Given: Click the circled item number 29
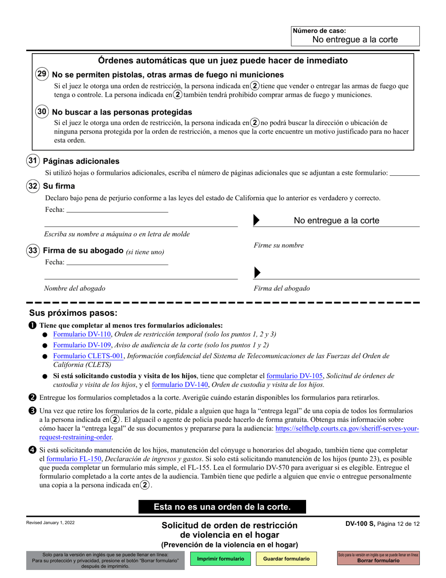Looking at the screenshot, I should point(41,74).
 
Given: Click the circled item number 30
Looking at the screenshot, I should point(41,112).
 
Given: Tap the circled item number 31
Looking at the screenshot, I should point(32,161).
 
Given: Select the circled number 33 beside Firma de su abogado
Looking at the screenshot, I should point(32,250).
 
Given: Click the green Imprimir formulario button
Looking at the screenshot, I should point(221,559).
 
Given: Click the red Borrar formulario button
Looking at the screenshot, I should point(378,558).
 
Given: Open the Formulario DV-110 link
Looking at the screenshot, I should point(82,335).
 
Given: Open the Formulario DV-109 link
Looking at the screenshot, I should point(82,345).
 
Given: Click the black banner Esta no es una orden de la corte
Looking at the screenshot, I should point(222,507).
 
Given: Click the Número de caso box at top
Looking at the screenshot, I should point(355,36).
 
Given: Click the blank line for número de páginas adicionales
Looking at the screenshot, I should point(405,173).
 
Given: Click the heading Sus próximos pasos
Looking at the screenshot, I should point(73,313).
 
